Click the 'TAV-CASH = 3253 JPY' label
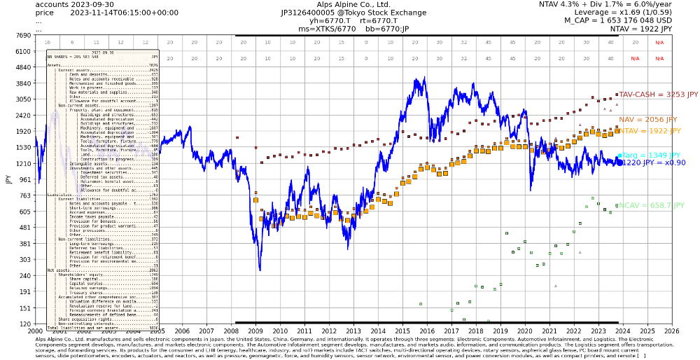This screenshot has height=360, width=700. [658, 94]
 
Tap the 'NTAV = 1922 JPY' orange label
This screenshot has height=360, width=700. [650, 131]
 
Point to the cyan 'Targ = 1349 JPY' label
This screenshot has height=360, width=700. [650, 155]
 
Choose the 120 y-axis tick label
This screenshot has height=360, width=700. [24, 324]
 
